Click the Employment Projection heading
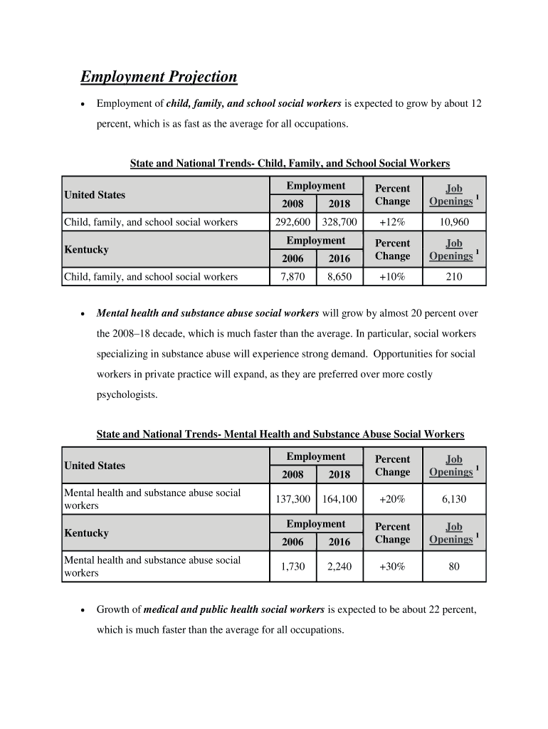(159, 77)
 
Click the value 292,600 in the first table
(293, 222)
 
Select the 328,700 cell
(339, 222)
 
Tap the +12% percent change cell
(392, 222)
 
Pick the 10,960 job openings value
(454, 222)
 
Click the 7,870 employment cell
(293, 276)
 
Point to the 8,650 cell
(339, 276)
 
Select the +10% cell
(392, 276)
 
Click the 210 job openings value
(454, 276)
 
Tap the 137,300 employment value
(293, 499)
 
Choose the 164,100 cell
(339, 499)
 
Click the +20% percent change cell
(392, 499)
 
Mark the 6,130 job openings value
(454, 499)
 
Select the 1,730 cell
(293, 567)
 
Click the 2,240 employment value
(339, 567)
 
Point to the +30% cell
(392, 567)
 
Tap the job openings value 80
(454, 567)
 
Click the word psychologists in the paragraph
(127, 394)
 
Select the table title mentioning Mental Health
(280, 434)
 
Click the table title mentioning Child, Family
(290, 163)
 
